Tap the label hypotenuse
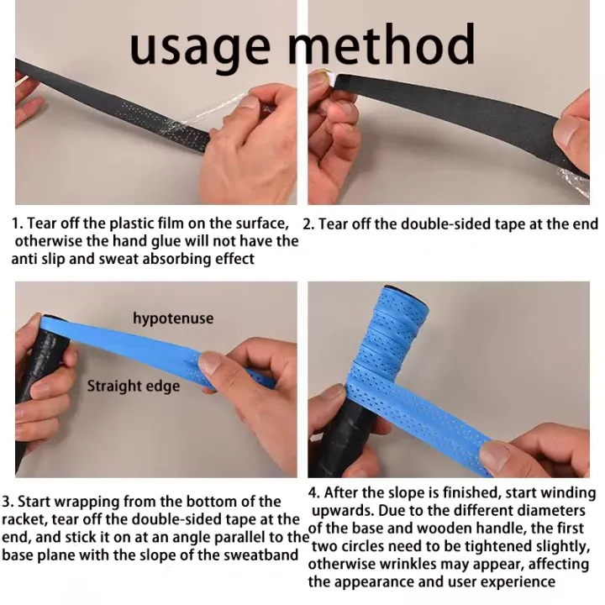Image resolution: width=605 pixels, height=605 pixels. click(x=173, y=318)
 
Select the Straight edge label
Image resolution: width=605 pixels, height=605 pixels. click(x=134, y=387)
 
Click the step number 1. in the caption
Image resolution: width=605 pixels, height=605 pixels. click(x=18, y=224)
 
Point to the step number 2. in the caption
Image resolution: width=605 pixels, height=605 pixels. click(x=308, y=224)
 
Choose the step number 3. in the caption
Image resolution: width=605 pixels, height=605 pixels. click(x=8, y=502)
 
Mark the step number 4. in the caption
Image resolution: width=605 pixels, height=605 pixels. click(x=314, y=492)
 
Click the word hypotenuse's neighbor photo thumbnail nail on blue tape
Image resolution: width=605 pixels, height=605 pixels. click(x=211, y=364)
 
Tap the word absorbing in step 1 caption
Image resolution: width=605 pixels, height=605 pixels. click(x=176, y=259)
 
